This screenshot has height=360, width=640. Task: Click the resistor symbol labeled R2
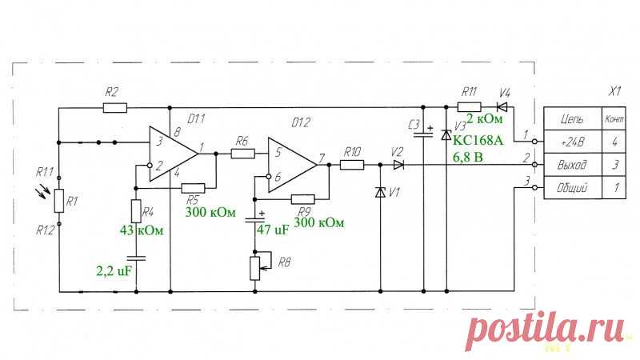114,108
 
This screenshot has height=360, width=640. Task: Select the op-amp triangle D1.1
173,154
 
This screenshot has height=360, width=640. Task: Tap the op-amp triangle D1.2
292,165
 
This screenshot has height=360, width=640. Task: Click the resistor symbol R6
243,154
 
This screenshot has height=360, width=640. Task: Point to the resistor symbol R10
352,165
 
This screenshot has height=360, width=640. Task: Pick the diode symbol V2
398,165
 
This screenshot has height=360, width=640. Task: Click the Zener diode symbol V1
381,192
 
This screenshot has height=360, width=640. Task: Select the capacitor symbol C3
423,134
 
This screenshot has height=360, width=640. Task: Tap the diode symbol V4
502,107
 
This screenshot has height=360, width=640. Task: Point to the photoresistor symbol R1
59,201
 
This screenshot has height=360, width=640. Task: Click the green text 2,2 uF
114,270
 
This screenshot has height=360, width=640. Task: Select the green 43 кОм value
142,230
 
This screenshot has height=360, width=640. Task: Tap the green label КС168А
478,141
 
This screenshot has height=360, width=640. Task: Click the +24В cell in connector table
573,142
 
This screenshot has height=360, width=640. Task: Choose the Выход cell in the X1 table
573,165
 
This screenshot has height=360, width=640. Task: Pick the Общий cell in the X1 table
573,188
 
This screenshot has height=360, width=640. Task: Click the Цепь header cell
573,119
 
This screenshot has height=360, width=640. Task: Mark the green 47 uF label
273,230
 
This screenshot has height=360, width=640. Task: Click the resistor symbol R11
469,107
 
